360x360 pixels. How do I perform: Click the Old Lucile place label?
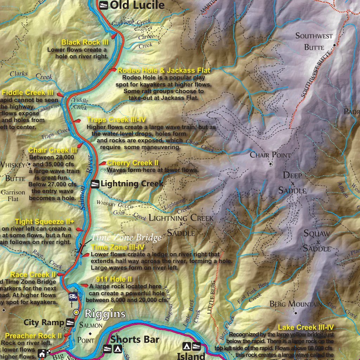pos(137,5)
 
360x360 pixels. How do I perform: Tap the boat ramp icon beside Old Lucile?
pos(104,5)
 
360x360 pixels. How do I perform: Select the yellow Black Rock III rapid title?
pos(84,43)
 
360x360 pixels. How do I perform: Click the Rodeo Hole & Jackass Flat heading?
pos(164,71)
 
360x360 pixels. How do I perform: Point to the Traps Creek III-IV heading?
pos(116,120)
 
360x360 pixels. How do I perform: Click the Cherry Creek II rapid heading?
pos(133,163)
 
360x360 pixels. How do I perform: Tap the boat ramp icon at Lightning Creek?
pos(95,184)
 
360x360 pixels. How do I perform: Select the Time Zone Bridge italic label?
pos(127,238)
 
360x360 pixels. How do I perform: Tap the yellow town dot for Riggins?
pos(76,313)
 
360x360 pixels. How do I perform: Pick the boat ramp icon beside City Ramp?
pos(70,323)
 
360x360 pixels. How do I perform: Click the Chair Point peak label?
pos(270,155)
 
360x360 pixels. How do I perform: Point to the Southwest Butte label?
pos(314,41)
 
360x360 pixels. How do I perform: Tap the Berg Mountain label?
pos(295,304)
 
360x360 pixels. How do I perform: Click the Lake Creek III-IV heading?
pos(306,328)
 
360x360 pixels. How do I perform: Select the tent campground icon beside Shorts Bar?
pos(118,349)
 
